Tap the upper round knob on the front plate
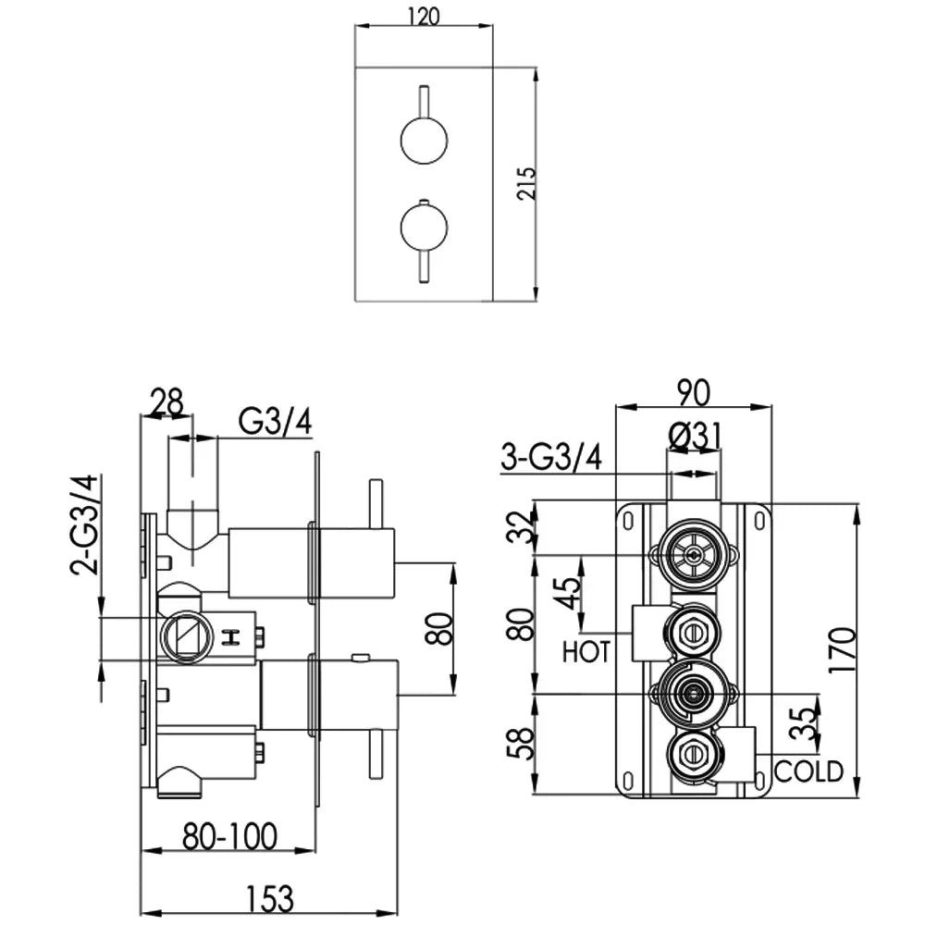424,142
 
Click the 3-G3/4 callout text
550,456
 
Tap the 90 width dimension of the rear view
694,392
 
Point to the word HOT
586,652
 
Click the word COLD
808,770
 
